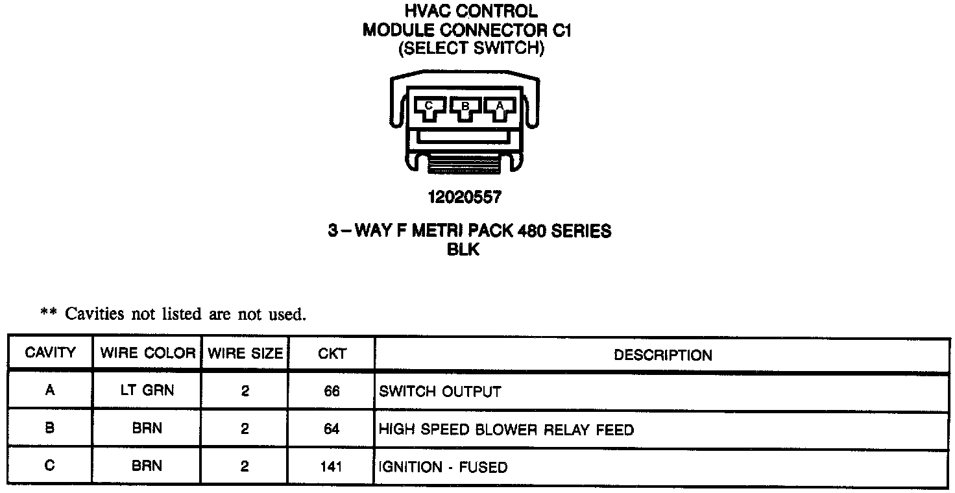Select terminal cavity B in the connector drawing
[465, 108]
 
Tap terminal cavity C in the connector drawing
[429, 108]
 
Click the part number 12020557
[465, 197]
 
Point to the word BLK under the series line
[463, 250]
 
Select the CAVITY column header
[50, 354]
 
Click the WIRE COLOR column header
[147, 354]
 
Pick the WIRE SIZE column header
[245, 354]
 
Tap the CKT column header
[332, 354]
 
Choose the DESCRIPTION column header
[662, 355]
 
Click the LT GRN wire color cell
[147, 391]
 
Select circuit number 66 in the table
[332, 392]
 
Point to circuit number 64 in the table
[332, 429]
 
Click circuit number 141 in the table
[332, 466]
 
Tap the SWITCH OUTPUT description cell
[440, 392]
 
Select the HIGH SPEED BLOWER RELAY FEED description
[506, 429]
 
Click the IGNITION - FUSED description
[443, 467]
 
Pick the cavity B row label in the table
[50, 428]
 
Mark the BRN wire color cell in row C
[147, 466]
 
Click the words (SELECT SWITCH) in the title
[471, 49]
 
